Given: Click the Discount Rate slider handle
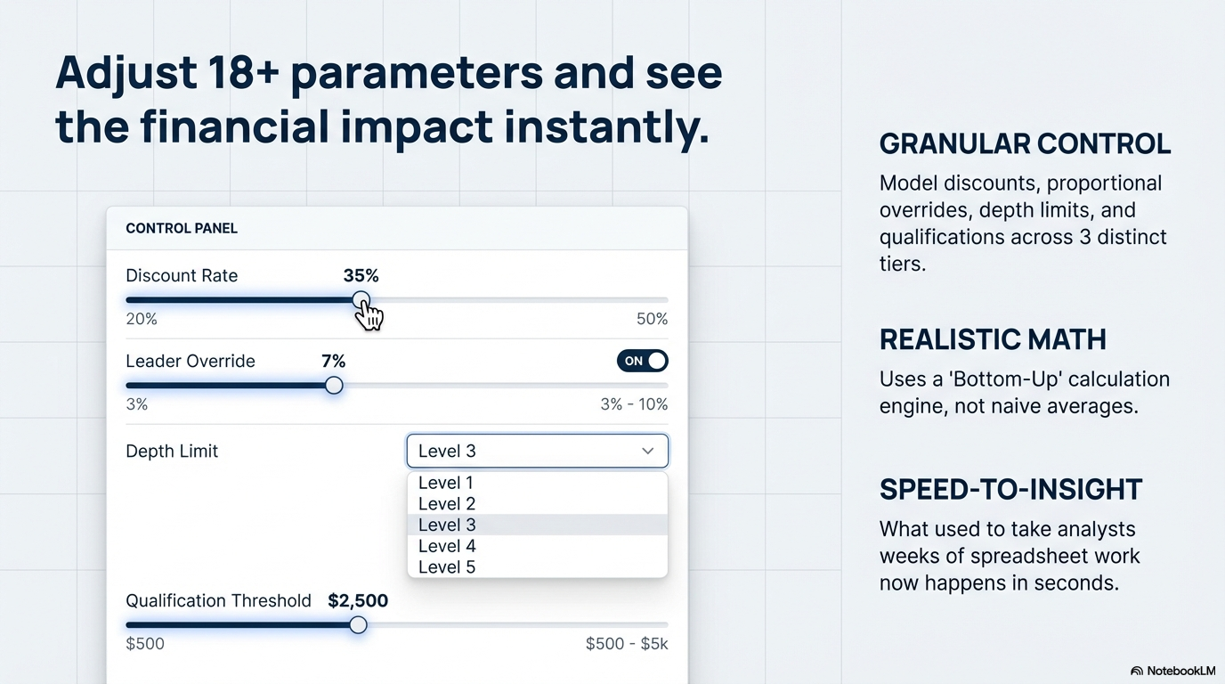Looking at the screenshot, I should click(x=361, y=300).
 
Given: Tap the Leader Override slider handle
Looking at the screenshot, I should click(x=334, y=385).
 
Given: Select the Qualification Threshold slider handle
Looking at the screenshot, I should click(x=358, y=625).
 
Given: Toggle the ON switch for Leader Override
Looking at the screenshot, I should click(x=642, y=361).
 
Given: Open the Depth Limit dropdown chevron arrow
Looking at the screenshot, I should click(x=648, y=452).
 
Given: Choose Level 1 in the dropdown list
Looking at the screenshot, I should click(x=446, y=483).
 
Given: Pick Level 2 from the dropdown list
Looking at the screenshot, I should click(x=446, y=504).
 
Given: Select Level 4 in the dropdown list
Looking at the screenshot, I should click(x=447, y=546).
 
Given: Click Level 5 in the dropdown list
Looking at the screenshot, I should click(x=447, y=567).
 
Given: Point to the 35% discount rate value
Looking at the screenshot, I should click(x=361, y=276).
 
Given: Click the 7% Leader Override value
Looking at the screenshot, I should click(x=333, y=361).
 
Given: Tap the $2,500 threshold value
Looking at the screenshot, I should click(x=358, y=601).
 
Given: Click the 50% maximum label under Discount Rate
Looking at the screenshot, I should click(x=652, y=320).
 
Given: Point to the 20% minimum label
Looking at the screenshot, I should click(x=142, y=320).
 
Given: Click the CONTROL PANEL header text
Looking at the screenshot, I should click(x=182, y=229).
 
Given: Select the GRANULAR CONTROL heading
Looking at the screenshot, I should click(x=1025, y=144).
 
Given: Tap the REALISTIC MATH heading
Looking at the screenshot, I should click(x=993, y=339).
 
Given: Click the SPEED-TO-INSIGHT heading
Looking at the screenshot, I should click(x=1010, y=490).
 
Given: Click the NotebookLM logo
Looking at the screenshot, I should click(x=1172, y=671).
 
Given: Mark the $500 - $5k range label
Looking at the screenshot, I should click(x=626, y=644).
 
